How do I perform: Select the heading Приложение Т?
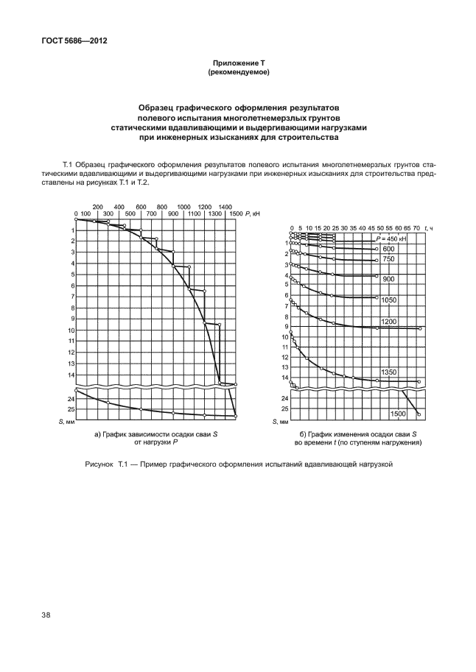point(237,65)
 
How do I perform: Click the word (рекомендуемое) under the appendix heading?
point(237,73)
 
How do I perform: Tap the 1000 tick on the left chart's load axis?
point(183,207)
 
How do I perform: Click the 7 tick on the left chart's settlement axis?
point(72,297)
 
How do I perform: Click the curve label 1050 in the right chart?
point(390,300)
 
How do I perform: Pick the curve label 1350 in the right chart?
point(390,373)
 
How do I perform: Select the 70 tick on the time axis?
point(416,229)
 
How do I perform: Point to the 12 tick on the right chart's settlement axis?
point(284,357)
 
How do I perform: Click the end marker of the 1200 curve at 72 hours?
point(419,328)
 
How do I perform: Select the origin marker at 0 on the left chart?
point(76,219)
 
